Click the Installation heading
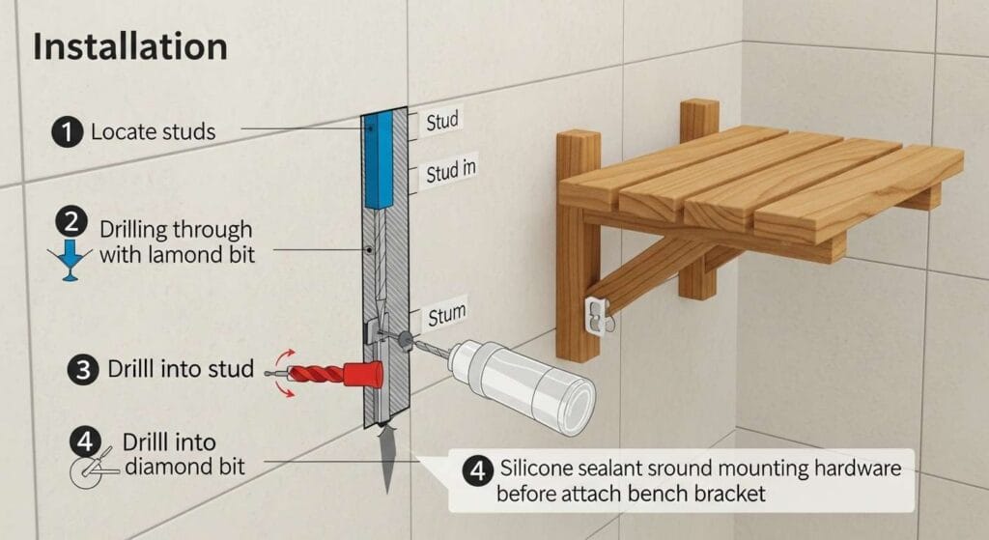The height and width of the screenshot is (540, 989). [x=130, y=46]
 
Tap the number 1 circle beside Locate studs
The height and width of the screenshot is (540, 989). [x=67, y=132]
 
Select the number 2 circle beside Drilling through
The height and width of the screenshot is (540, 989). [x=71, y=223]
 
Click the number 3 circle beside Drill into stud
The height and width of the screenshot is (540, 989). [x=83, y=369]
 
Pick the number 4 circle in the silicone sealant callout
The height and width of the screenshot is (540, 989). [x=477, y=470]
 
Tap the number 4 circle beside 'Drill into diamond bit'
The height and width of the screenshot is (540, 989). [x=85, y=442]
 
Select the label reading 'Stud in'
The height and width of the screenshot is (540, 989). [x=450, y=170]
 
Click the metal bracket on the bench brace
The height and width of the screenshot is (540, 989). [x=597, y=314]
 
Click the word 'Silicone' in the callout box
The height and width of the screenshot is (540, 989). [x=536, y=469]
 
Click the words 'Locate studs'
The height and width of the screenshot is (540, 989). [x=154, y=131]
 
